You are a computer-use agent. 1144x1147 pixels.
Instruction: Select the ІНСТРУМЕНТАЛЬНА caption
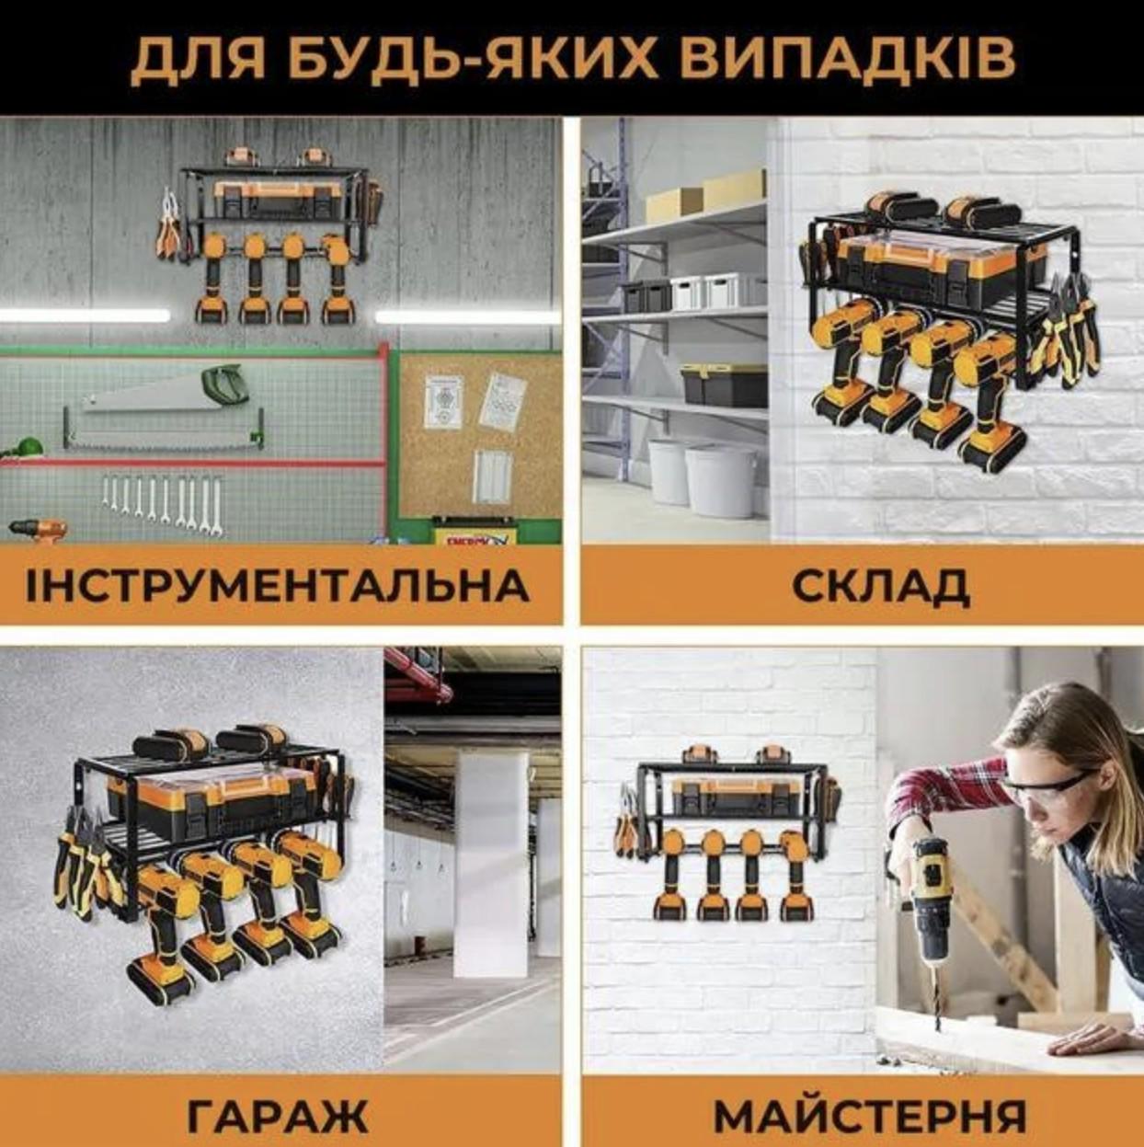pos(278,586)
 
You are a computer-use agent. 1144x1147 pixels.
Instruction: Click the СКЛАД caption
pos(880,586)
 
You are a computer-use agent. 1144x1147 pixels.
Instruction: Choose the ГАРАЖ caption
pos(278,1115)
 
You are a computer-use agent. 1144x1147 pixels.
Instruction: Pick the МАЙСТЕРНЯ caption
pos(870,1115)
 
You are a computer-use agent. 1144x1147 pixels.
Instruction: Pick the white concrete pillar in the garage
pos(491,865)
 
